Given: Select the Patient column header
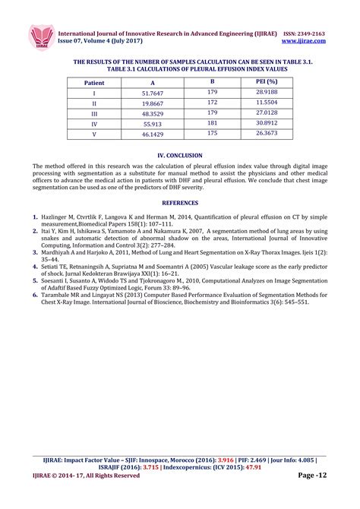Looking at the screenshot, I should (x=94, y=81).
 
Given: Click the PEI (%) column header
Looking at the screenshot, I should (x=266, y=81).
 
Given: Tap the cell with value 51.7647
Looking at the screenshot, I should (x=153, y=93).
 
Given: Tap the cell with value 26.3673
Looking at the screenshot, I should (x=266, y=133).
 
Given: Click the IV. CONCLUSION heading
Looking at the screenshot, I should (x=179, y=154).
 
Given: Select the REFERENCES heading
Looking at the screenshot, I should (x=179, y=203).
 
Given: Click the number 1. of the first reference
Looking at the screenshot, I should (x=36, y=217).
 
